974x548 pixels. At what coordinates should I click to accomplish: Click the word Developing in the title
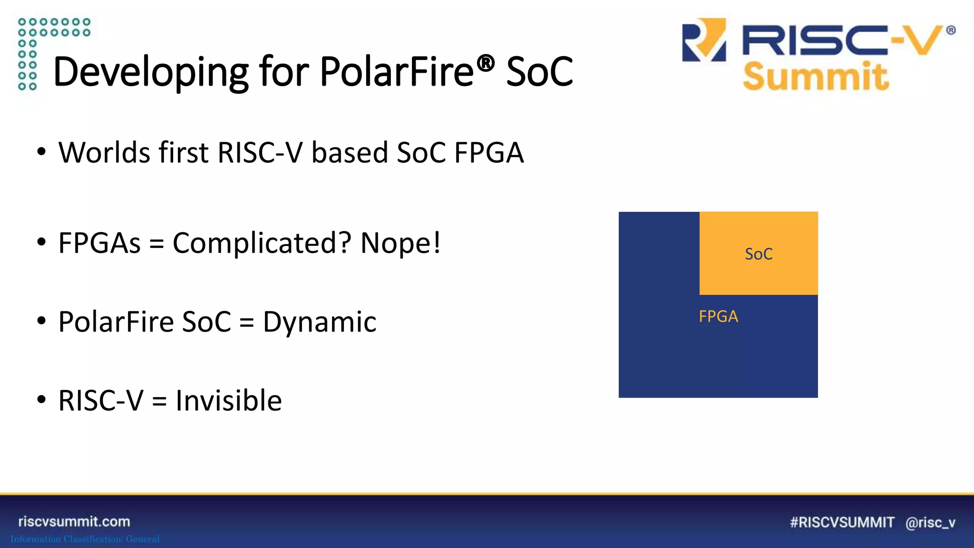150,72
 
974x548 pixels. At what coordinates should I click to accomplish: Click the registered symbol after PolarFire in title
486,63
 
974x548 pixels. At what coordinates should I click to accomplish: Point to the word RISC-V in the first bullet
260,153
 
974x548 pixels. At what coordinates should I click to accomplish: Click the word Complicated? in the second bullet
262,243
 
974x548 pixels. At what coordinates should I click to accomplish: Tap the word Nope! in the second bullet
400,243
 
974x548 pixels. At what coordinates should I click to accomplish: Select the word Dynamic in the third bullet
320,322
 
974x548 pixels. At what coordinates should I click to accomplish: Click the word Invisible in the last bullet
228,401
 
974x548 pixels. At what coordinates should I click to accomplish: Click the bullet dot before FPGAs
42,242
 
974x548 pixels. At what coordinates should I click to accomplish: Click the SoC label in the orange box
759,254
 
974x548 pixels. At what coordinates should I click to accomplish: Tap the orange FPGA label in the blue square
718,316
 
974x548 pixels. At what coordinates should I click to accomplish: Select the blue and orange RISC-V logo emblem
704,40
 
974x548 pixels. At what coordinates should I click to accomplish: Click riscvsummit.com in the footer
74,521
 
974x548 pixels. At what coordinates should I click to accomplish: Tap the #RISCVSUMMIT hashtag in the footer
842,522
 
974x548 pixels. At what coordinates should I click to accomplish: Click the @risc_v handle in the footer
930,522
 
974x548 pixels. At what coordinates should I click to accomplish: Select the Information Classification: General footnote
85,539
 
